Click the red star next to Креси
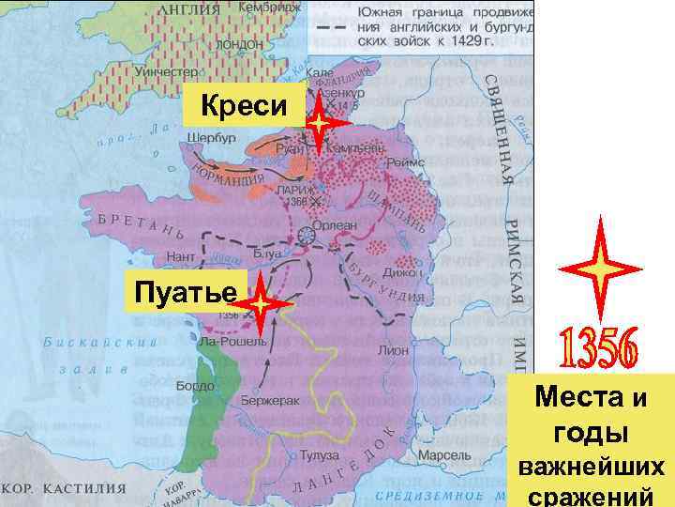coord(319,123)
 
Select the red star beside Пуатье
coord(260,306)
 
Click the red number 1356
coord(599,349)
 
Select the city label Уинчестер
coord(165,70)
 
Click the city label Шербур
coord(212,137)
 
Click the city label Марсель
coord(439,456)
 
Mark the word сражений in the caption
coord(592,496)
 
